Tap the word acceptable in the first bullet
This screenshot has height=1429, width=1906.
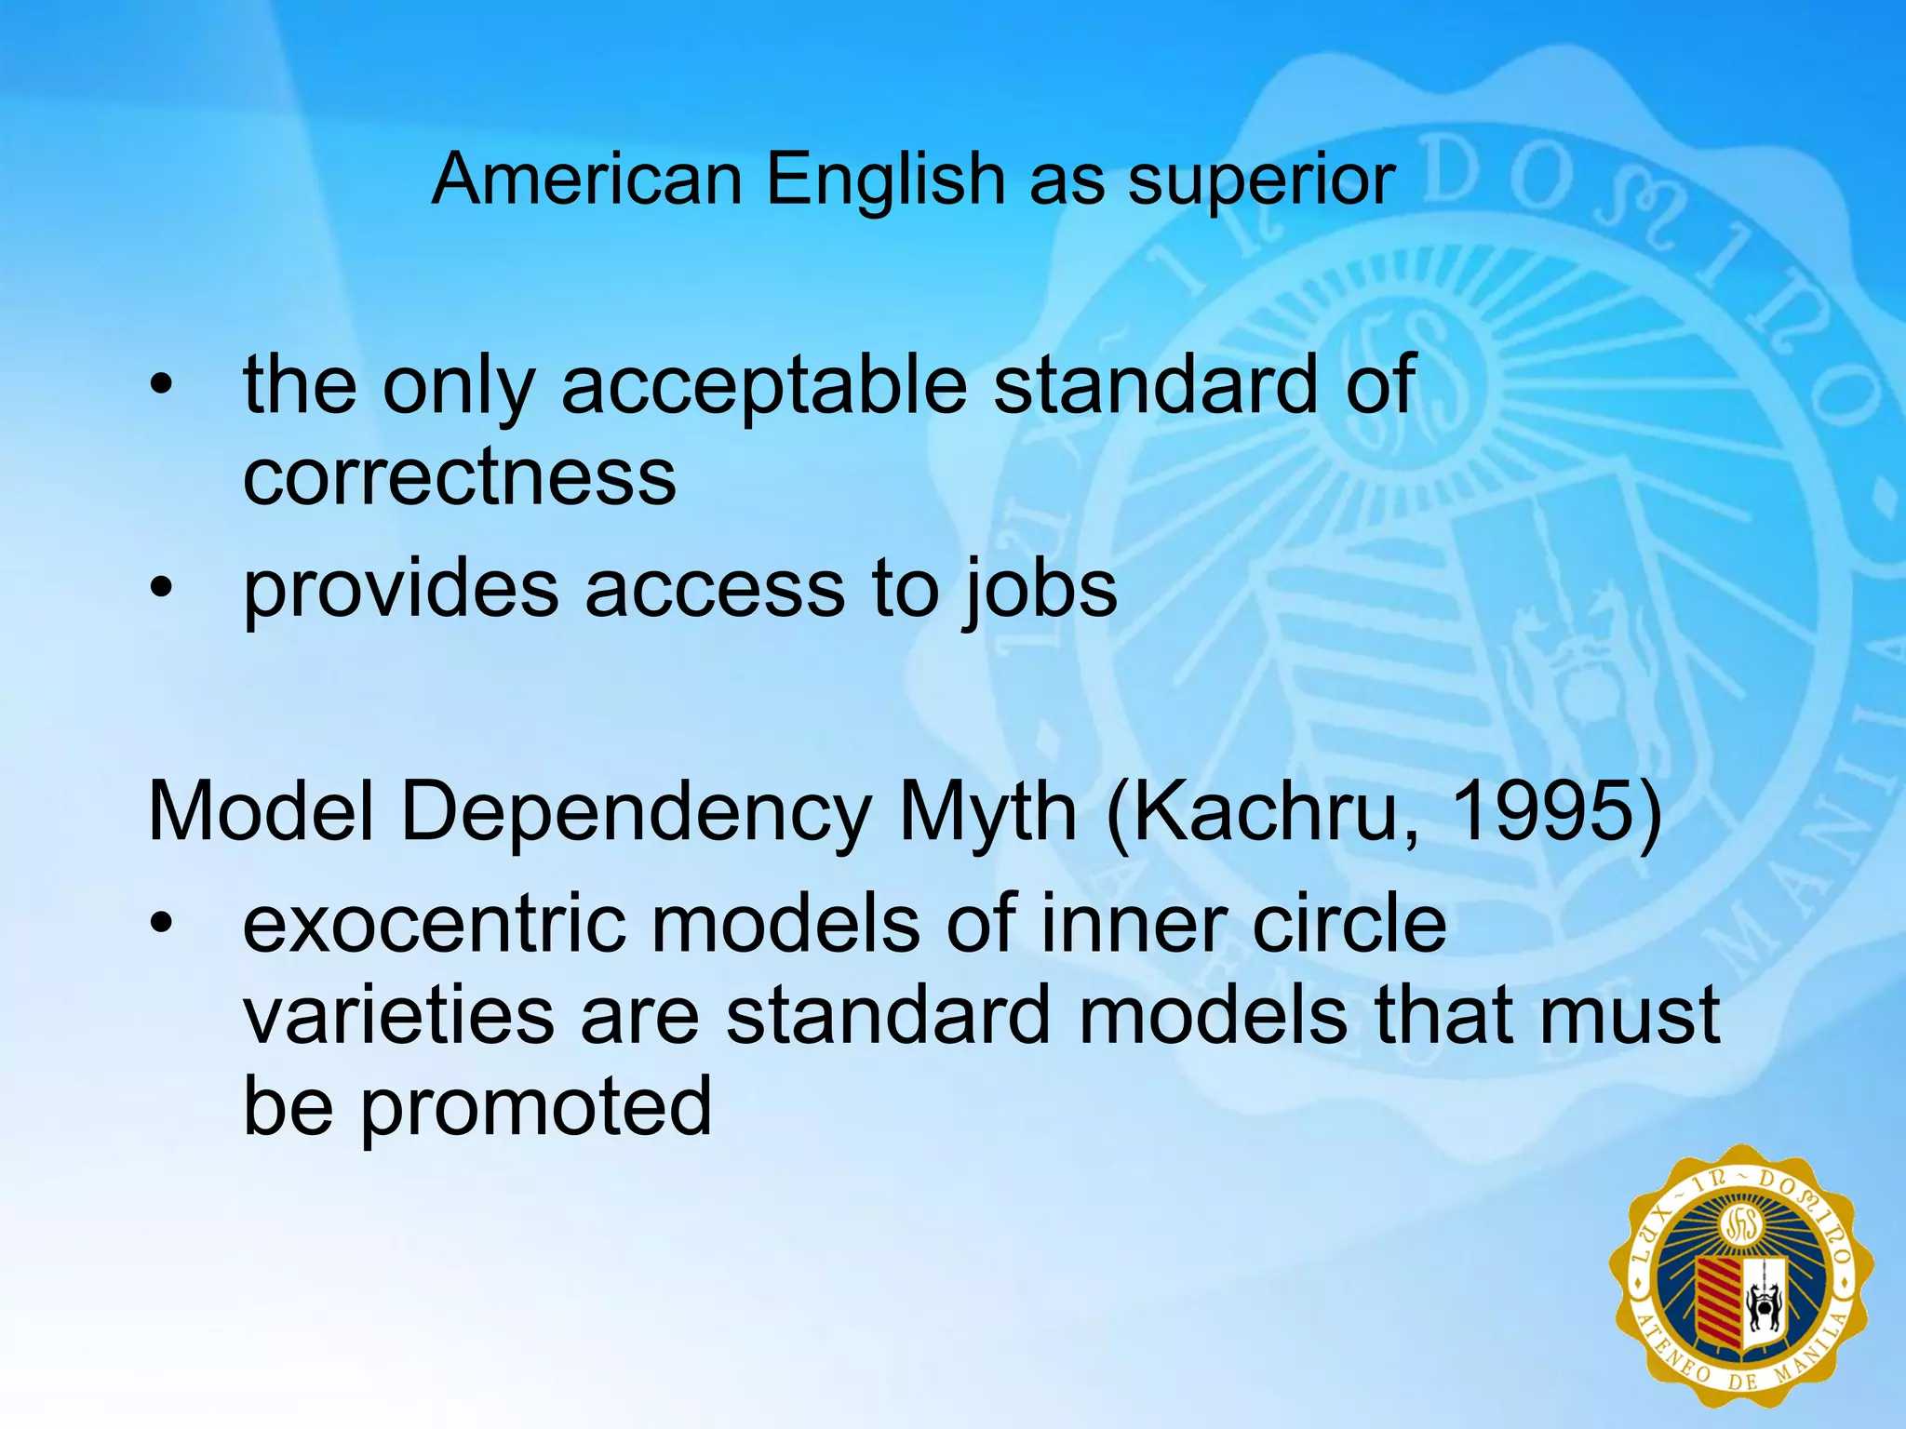point(764,386)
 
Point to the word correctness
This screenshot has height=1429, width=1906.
point(460,476)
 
